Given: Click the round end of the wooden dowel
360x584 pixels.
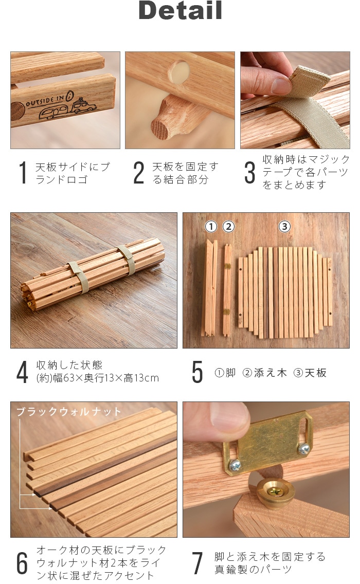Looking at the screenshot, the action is (x=161, y=129).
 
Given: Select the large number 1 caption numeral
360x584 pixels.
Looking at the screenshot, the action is (x=24, y=173).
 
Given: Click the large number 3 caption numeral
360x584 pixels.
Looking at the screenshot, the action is (x=250, y=173).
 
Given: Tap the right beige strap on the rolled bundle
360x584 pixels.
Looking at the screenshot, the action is (x=128, y=260).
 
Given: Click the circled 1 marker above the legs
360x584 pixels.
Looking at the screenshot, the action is (x=211, y=226).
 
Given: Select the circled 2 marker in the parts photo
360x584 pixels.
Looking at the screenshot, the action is (x=228, y=226).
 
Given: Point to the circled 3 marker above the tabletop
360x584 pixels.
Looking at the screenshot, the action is (x=285, y=226).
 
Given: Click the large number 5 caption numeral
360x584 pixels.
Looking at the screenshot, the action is (x=197, y=372).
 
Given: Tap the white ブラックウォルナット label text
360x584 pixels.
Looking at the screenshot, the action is (x=69, y=412).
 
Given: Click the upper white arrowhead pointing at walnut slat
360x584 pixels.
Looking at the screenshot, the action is (x=33, y=495).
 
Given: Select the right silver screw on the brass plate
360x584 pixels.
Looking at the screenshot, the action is (x=304, y=449).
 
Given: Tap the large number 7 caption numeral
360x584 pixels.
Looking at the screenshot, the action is (x=197, y=563).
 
